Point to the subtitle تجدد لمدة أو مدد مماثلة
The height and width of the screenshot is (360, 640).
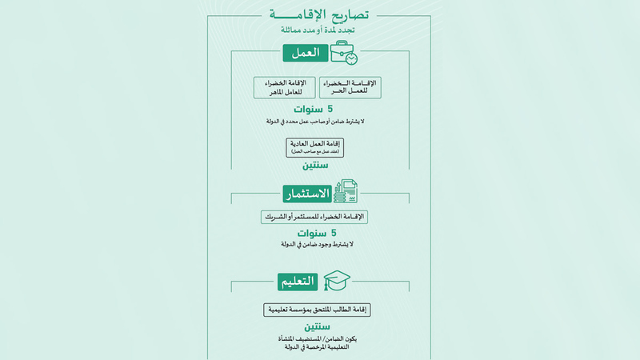point(320,30)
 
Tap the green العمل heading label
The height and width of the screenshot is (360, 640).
point(305,54)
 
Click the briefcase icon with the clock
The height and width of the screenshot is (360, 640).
point(344,54)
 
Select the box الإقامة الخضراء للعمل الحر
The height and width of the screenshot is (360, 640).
point(351,88)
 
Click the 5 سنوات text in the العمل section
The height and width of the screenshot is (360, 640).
point(319,110)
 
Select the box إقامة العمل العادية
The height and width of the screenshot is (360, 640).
point(320,147)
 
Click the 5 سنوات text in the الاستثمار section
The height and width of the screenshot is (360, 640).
point(319,233)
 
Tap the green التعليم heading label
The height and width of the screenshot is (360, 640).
point(298,282)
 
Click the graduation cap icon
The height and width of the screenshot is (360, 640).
point(336,280)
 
